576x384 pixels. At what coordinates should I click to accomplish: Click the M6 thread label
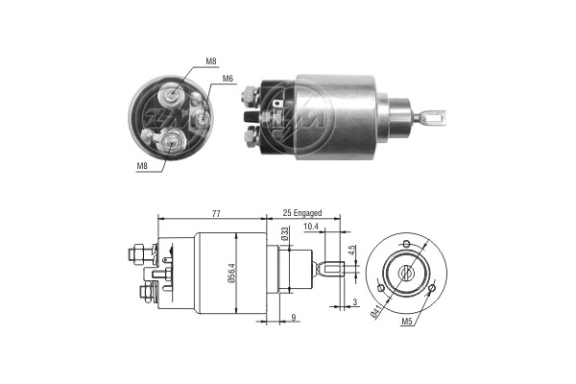click(x=228, y=79)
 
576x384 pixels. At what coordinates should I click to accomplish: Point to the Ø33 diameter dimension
click(x=284, y=233)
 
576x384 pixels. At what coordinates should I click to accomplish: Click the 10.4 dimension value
click(x=311, y=227)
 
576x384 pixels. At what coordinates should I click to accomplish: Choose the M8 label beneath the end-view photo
click(x=143, y=166)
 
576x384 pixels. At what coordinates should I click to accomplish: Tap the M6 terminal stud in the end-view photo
click(x=204, y=116)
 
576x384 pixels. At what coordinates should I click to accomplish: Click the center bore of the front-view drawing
click(x=407, y=274)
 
